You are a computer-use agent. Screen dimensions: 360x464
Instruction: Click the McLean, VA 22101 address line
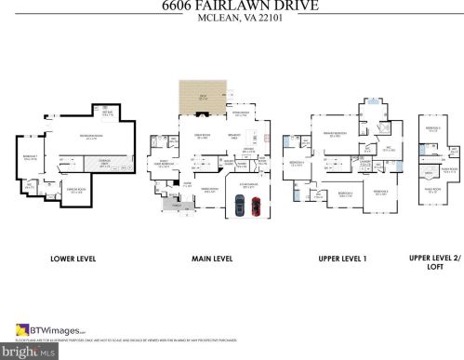[232, 21]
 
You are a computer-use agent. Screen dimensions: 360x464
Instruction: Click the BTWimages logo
[46, 329]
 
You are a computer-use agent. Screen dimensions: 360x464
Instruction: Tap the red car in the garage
[256, 207]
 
